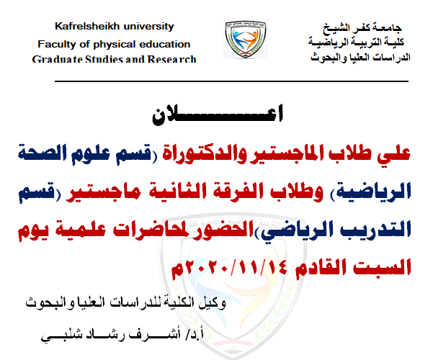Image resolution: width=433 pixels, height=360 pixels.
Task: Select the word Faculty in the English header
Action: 56,44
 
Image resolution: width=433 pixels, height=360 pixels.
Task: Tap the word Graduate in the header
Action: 55,59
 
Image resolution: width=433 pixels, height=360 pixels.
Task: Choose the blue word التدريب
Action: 370,230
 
